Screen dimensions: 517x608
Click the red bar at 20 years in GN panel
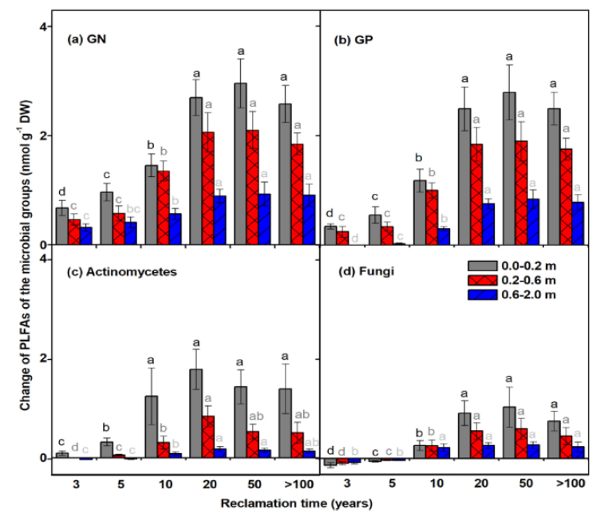click(207, 188)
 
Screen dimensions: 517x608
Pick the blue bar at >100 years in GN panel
click(307, 219)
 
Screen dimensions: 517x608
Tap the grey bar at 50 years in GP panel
click(508, 168)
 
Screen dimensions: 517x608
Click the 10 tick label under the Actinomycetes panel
click(151, 483)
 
